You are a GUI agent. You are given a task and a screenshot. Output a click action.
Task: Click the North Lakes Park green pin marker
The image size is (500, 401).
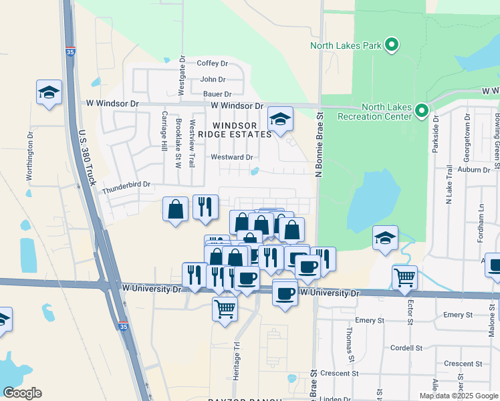[392, 45]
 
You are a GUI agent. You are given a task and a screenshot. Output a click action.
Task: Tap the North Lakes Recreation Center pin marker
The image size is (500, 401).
[421, 110]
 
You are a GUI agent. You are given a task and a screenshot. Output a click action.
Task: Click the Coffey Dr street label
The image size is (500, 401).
[213, 63]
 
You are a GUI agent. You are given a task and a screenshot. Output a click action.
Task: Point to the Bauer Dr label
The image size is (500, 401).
[217, 94]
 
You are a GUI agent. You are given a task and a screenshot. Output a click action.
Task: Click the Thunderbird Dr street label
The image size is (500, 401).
[126, 184]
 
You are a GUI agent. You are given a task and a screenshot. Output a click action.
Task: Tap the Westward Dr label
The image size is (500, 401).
[231, 158]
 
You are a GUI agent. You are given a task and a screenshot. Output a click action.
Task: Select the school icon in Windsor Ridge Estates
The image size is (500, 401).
[281, 120]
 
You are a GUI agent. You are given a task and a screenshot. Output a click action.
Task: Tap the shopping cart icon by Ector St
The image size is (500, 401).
[404, 277]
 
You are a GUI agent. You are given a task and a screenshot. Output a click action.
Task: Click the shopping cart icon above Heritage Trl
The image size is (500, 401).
[225, 309]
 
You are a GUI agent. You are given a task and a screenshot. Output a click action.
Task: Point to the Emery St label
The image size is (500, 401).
[458, 315]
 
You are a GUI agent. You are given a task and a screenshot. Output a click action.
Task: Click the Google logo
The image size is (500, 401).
[22, 393]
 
